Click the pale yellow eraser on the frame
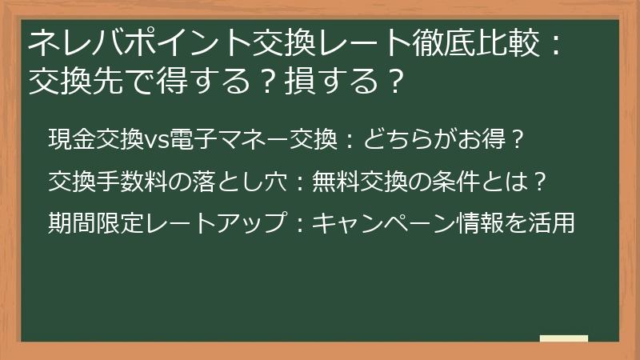564,338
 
